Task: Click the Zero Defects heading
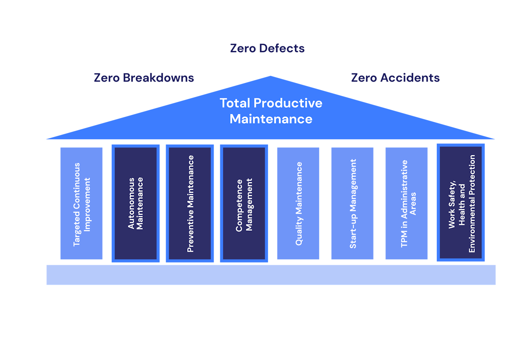(x=267, y=48)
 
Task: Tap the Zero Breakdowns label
(x=144, y=77)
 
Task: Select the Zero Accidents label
(x=395, y=77)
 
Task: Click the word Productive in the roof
(x=288, y=104)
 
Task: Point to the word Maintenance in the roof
(x=271, y=119)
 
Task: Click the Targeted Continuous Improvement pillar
(x=82, y=203)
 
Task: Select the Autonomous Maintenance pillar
(x=135, y=203)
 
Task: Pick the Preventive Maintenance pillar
(x=190, y=203)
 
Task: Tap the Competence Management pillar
(x=244, y=203)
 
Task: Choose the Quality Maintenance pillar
(x=298, y=203)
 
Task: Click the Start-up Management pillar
(x=352, y=203)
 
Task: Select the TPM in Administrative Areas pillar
(x=407, y=203)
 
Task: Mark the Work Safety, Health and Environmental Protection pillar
(x=461, y=203)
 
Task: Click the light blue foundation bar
(x=271, y=275)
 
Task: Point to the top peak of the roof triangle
(x=270, y=76)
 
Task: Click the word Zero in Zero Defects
(x=243, y=48)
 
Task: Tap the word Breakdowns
(x=158, y=77)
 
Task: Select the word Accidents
(x=410, y=77)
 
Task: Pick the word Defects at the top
(x=282, y=48)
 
